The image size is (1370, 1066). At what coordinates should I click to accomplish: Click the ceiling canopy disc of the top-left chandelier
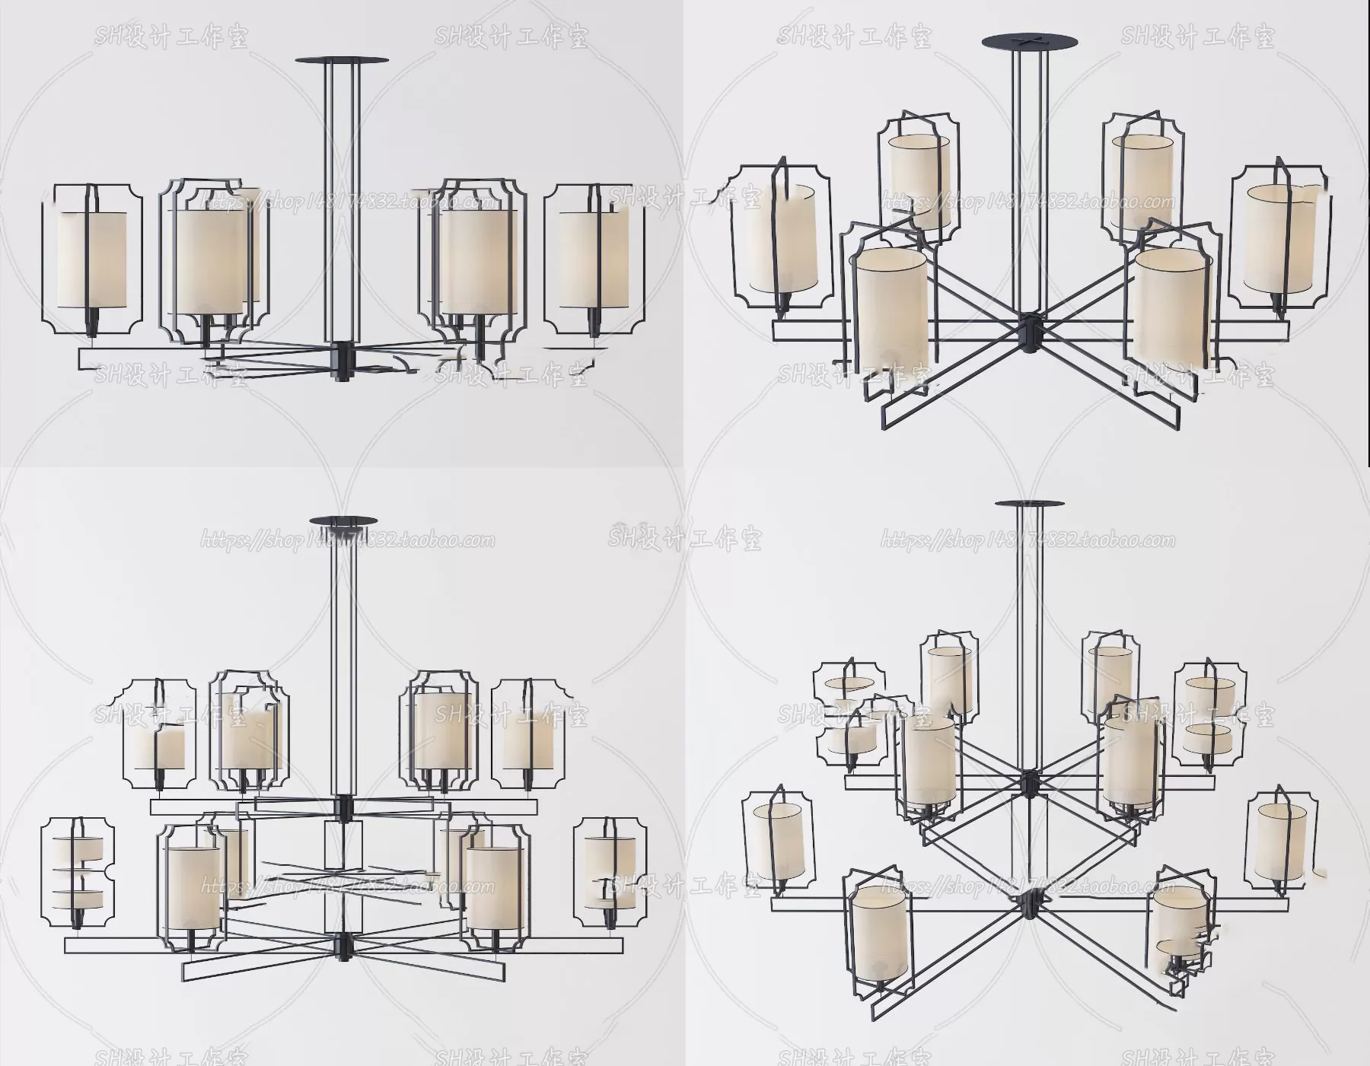click(341, 59)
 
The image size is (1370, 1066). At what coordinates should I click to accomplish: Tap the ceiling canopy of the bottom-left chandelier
click(344, 521)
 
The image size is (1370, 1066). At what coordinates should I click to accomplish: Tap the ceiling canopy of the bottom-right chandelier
click(1028, 504)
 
